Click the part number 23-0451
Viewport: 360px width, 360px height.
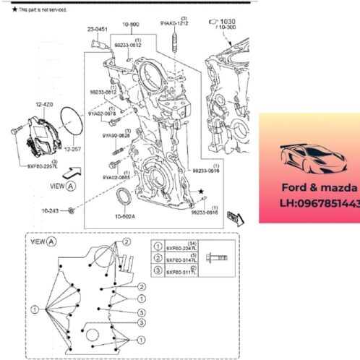click(x=98, y=30)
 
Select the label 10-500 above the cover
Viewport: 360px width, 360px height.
click(x=131, y=24)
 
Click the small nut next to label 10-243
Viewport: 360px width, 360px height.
click(x=72, y=211)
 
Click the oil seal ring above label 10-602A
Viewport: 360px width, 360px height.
click(x=124, y=196)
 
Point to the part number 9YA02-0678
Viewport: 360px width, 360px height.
click(x=101, y=113)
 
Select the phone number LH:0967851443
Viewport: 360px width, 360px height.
click(x=317, y=205)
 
